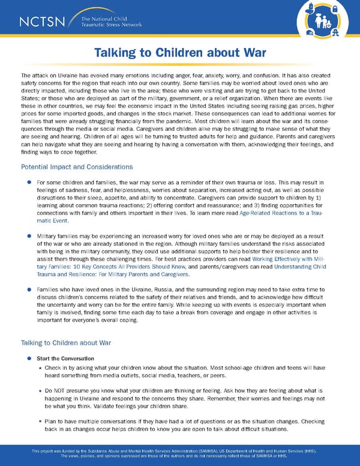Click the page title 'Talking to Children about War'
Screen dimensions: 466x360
pos(180,53)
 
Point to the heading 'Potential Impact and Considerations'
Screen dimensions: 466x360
pos(77,166)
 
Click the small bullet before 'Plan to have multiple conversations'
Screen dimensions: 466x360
pos(40,422)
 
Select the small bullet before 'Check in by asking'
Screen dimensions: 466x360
pos(40,367)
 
